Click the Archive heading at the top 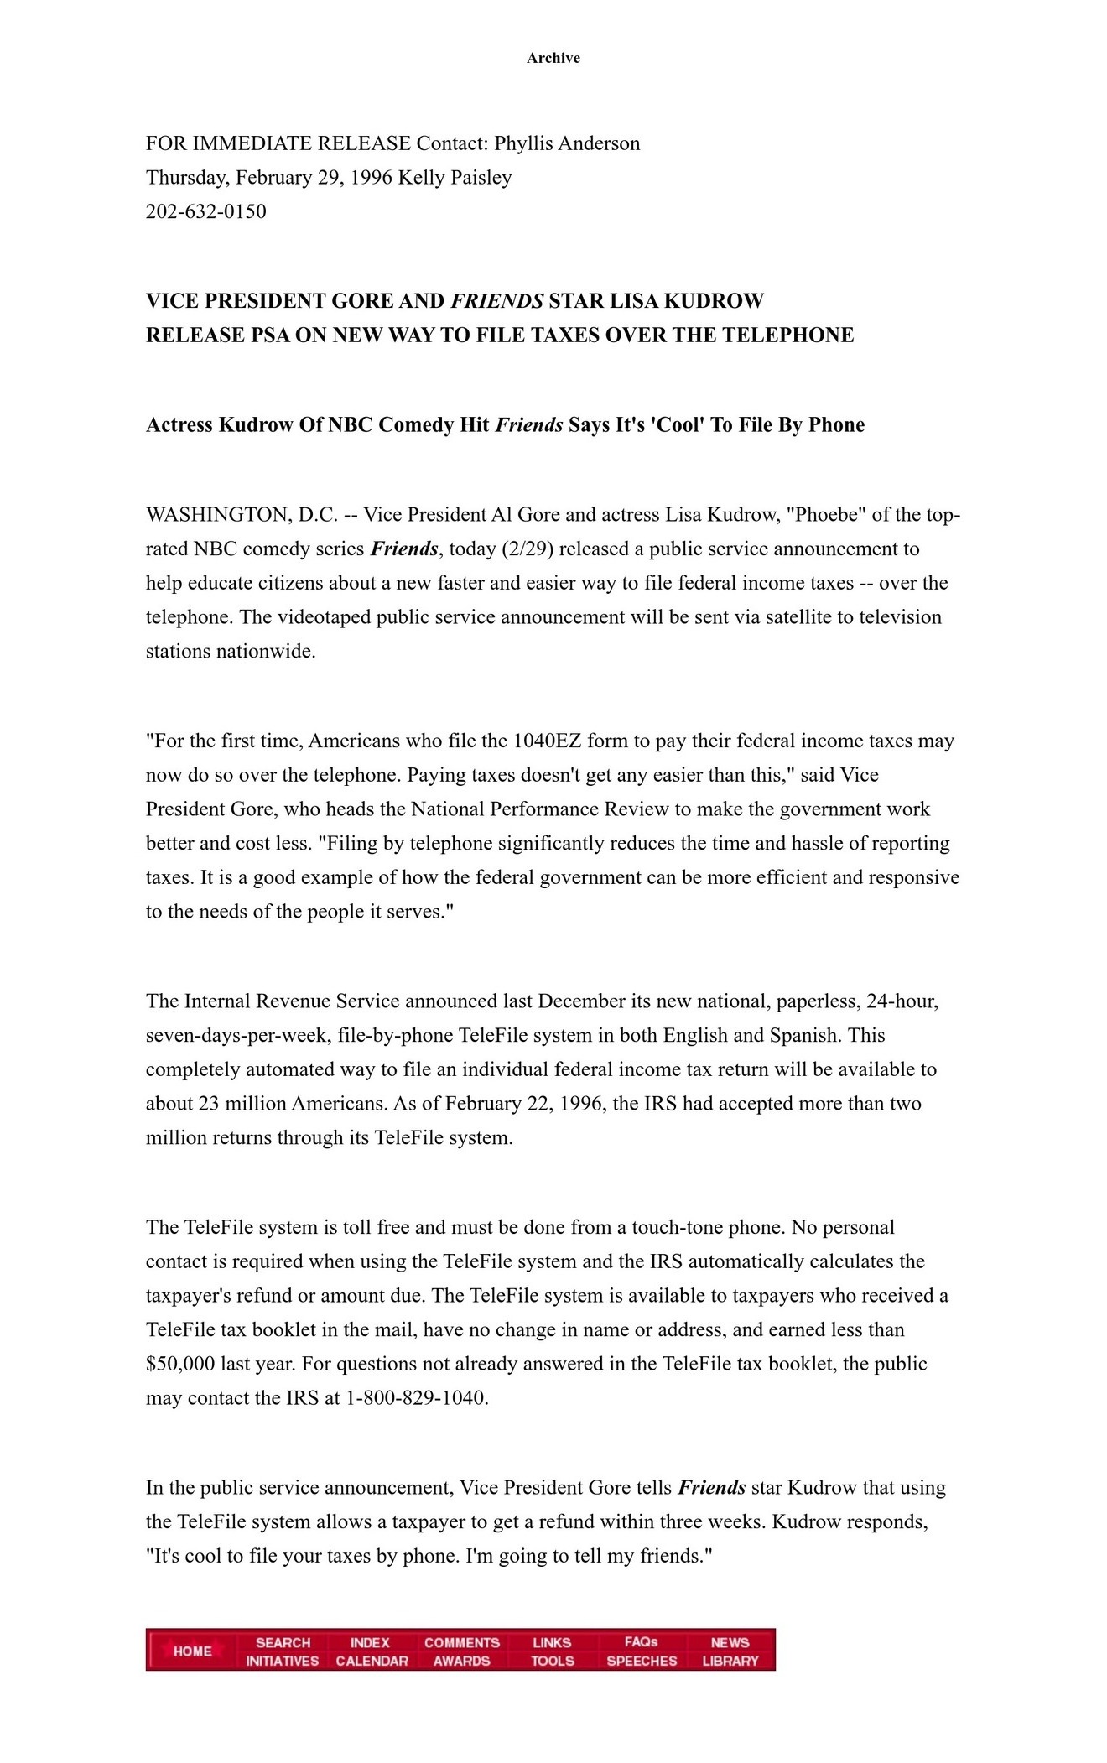[x=553, y=58]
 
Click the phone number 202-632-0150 [x=206, y=211]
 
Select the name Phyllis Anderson [x=567, y=143]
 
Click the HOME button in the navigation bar [x=192, y=1651]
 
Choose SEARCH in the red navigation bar [x=283, y=1642]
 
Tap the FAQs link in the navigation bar [x=641, y=1641]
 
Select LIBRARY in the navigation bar [x=730, y=1661]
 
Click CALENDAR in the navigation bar [x=372, y=1661]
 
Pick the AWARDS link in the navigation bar [x=461, y=1661]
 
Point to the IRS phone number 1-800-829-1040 [x=415, y=1398]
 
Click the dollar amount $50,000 [x=180, y=1364]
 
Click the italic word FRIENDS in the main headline [x=497, y=301]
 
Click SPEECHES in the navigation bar [x=642, y=1661]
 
